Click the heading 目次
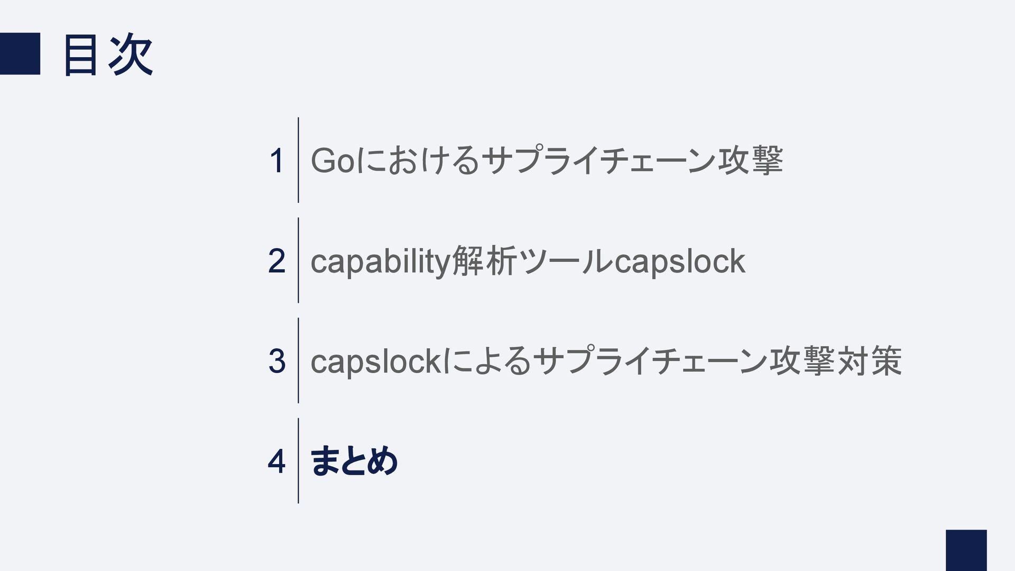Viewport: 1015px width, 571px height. click(108, 55)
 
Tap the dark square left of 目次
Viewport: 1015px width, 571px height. click(20, 53)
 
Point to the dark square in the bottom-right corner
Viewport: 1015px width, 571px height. click(966, 550)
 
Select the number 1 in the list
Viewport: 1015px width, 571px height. click(276, 161)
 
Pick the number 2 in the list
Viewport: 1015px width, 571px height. click(276, 261)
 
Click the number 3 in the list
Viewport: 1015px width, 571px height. click(276, 361)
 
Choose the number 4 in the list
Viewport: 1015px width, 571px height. click(276, 461)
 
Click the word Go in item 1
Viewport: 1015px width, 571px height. click(333, 161)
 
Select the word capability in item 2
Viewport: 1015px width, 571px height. click(380, 261)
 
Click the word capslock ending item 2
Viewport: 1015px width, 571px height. click(680, 261)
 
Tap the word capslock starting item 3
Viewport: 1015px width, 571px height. click(375, 362)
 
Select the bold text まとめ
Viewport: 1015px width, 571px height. click(354, 461)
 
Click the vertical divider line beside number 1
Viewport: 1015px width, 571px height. click(298, 160)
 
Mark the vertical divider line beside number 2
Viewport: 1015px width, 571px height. click(298, 260)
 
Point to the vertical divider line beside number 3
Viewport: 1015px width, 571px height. click(298, 360)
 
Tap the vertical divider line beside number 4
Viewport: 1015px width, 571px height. click(298, 460)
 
